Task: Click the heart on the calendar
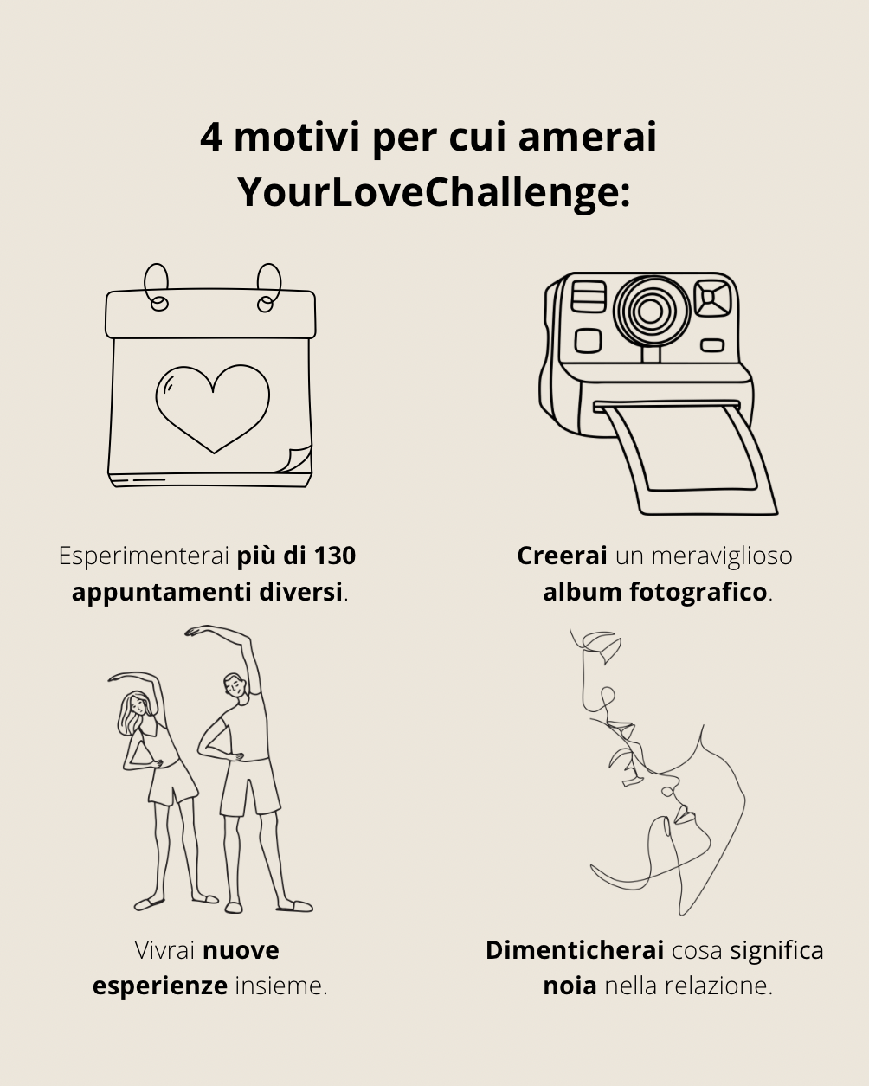click(213, 408)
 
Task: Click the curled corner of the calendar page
click(298, 459)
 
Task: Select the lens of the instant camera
click(651, 311)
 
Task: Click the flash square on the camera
click(712, 298)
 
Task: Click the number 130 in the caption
click(335, 556)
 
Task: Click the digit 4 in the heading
click(211, 137)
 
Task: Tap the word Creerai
click(562, 556)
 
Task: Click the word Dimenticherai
click(575, 951)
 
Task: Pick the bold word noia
click(570, 986)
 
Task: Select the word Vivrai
click(164, 951)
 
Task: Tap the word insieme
click(281, 986)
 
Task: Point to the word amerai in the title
click(587, 137)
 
